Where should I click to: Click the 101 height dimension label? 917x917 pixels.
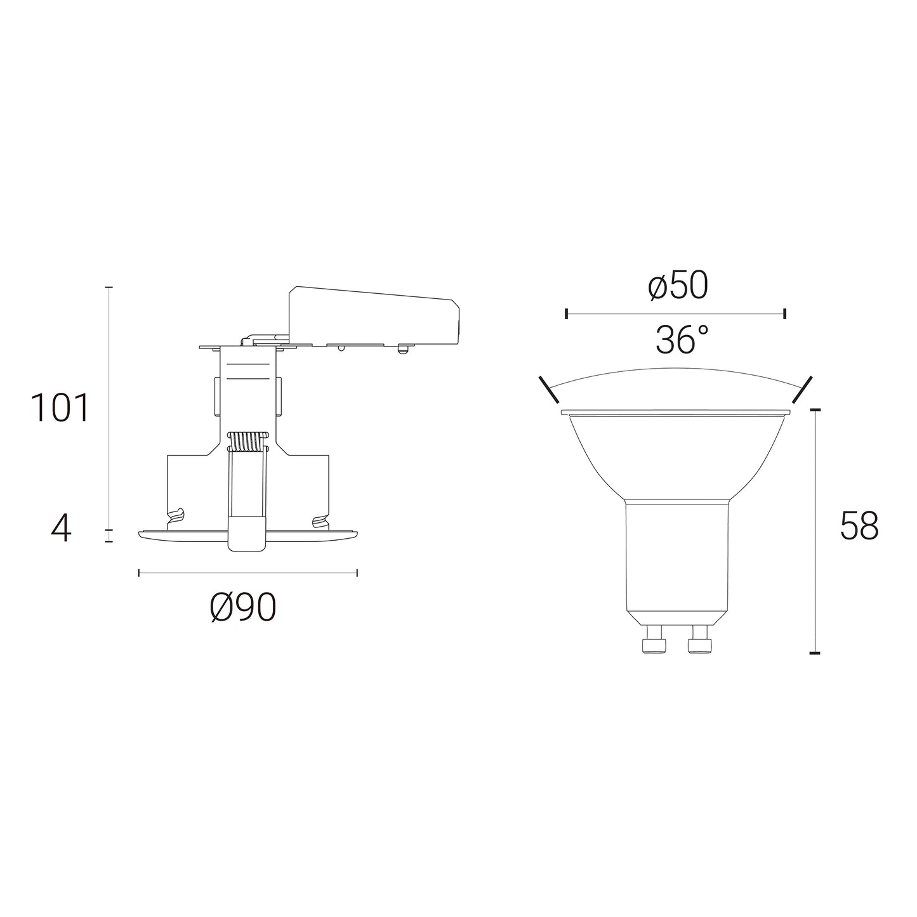[x=60, y=408]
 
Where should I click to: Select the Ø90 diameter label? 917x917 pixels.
[x=243, y=607]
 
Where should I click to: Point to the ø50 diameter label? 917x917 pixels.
[x=678, y=286]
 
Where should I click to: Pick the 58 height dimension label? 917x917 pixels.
[x=859, y=526]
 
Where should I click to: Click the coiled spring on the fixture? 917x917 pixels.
[x=248, y=441]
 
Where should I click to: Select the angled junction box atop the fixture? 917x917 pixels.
[x=374, y=315]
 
